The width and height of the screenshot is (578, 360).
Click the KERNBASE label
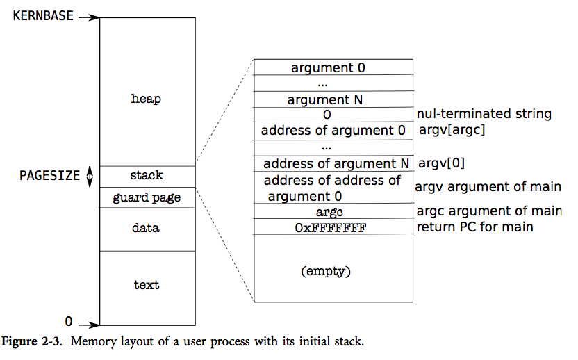point(42,15)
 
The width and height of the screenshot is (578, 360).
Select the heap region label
point(146,99)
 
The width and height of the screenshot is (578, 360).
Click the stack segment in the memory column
point(147,176)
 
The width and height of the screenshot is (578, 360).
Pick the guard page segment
point(147,198)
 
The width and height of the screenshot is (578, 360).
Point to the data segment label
point(147,228)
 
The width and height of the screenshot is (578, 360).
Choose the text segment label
point(147,285)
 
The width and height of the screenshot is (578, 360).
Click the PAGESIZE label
point(49,176)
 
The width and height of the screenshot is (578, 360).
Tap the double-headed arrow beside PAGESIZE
point(89,177)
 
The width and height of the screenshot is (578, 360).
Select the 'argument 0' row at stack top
point(328,67)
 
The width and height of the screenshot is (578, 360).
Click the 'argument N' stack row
point(325,99)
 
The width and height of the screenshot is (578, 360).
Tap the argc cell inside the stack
point(329,211)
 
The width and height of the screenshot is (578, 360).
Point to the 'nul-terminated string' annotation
point(484,114)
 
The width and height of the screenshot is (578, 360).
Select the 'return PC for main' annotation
point(475,227)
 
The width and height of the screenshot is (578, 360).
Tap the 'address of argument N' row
point(336,164)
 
